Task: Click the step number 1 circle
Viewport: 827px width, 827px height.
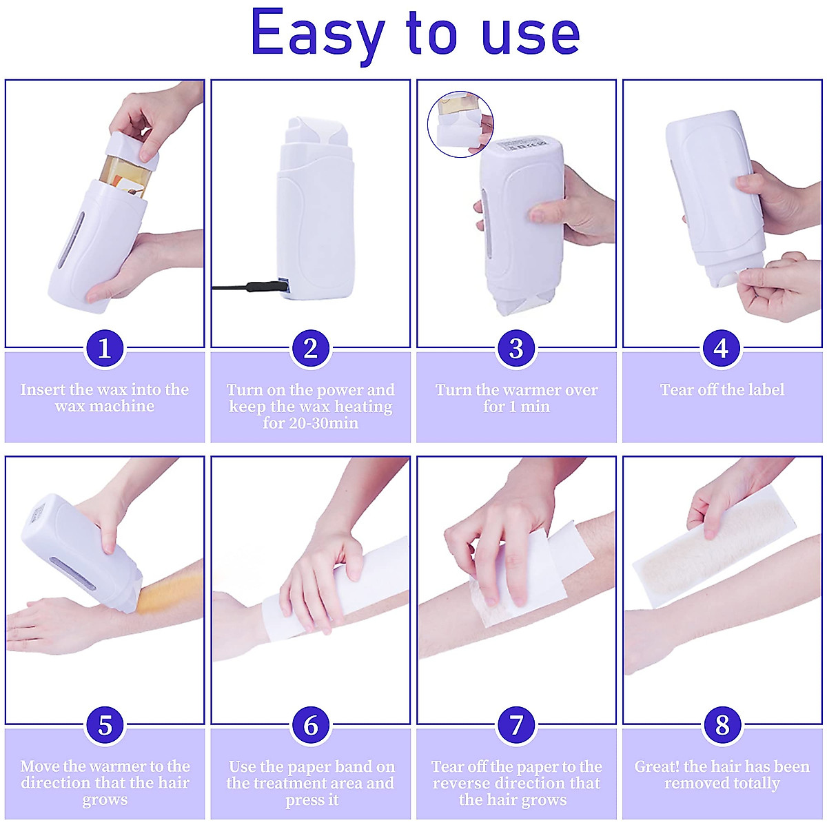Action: click(x=104, y=349)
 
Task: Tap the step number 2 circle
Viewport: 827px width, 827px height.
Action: click(x=310, y=349)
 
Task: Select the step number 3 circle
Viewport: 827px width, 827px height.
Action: click(x=516, y=349)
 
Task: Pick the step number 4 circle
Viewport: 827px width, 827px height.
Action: click(x=722, y=349)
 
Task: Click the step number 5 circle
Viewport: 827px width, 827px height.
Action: click(x=104, y=725)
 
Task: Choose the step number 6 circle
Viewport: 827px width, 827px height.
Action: click(x=310, y=725)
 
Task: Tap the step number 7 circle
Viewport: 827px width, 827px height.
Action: click(x=516, y=725)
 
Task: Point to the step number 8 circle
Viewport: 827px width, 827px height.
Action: click(x=722, y=725)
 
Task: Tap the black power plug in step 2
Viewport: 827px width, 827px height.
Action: click(x=255, y=285)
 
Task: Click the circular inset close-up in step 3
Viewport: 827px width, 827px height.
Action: click(x=460, y=124)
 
